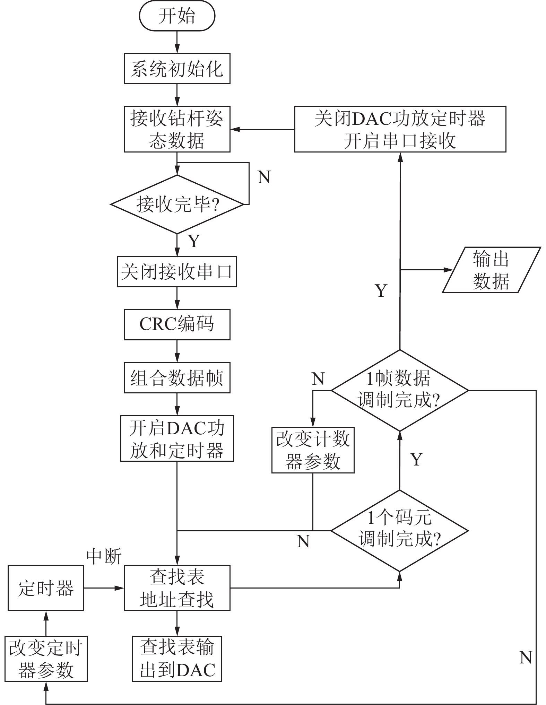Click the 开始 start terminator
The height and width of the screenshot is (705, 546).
pos(177,16)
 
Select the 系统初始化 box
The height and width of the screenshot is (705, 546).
pos(177,69)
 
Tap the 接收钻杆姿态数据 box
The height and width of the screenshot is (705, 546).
pos(177,129)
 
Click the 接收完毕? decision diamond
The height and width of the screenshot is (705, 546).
pos(177,204)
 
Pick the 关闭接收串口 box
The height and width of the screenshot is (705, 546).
pos(177,272)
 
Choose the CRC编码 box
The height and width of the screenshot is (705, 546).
pos(177,324)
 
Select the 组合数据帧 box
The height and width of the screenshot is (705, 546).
pos(177,377)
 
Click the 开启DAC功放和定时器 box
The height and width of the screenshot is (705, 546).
pos(177,438)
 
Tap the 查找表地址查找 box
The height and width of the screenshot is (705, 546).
pos(177,588)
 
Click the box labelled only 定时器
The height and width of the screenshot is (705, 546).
pos(46,588)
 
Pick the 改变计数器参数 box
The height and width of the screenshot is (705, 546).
pos(313,450)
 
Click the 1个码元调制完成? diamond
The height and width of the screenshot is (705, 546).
pos(399,531)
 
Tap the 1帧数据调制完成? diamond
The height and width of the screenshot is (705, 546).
pos(399,390)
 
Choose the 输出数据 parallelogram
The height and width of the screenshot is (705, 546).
pos(491,270)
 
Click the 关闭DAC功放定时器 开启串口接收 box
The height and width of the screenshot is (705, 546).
pos(400,129)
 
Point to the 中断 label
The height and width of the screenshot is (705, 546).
pos(104,557)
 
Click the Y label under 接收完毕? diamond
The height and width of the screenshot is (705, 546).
pos(194,241)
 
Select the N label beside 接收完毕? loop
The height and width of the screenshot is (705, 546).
pos(264,177)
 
